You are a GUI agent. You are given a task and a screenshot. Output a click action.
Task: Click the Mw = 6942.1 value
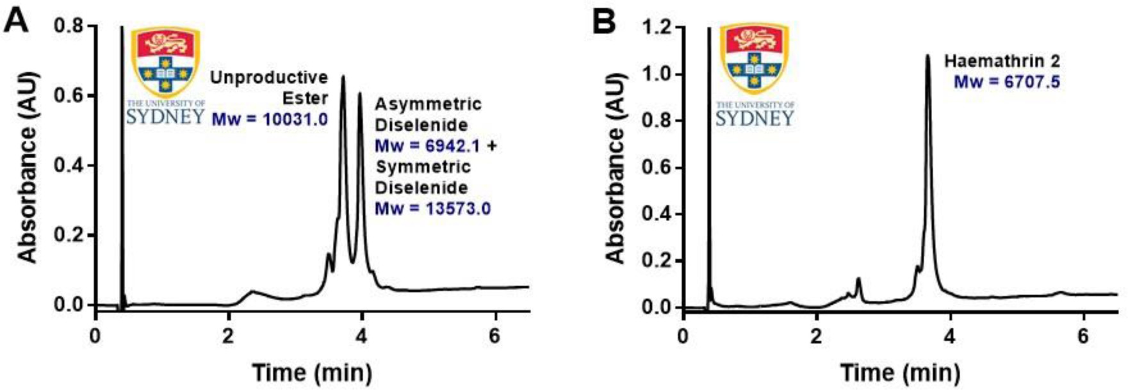click(427, 145)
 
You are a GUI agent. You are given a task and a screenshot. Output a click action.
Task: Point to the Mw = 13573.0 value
click(432, 209)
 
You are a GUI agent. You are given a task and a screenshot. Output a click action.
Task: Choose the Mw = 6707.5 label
click(1007, 82)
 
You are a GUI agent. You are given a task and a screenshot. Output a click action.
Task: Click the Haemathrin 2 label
click(1002, 61)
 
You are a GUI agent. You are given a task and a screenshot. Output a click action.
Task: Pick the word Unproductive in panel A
click(270, 77)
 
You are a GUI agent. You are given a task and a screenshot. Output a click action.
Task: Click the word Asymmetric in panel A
click(428, 104)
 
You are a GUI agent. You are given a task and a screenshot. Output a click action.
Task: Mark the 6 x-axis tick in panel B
click(1083, 336)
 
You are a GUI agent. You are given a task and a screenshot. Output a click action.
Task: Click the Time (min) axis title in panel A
click(311, 372)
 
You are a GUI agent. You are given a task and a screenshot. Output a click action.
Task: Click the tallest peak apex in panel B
click(927, 56)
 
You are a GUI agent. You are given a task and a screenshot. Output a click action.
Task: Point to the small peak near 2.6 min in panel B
click(858, 279)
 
